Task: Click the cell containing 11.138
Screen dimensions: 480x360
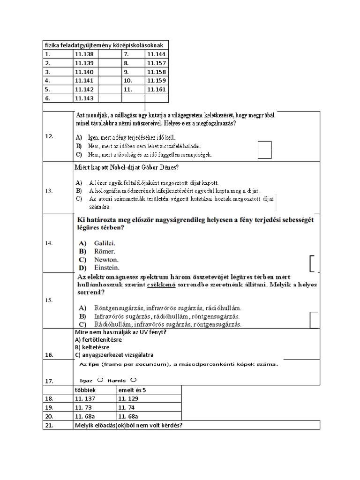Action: pos(84,54)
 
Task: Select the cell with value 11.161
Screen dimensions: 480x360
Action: pos(156,90)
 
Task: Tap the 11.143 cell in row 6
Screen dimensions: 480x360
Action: pos(84,98)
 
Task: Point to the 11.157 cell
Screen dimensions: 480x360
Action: pos(156,63)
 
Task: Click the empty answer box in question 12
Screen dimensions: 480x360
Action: pos(265,150)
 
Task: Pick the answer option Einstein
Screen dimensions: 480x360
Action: pos(106,268)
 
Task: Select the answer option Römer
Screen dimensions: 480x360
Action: pos(105,251)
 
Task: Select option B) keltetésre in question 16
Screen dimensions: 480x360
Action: pos(92,347)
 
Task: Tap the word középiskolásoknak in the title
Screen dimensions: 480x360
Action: pos(140,45)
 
